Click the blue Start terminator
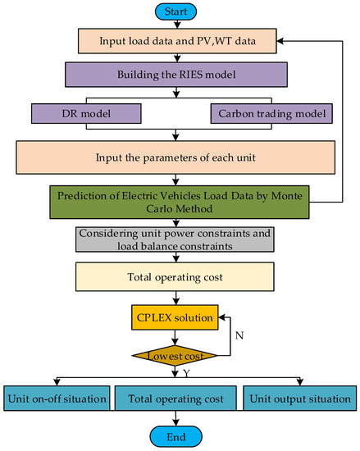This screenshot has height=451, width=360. tap(175, 11)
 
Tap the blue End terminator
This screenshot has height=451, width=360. tap(175, 436)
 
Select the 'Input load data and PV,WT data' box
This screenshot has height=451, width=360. tap(177, 41)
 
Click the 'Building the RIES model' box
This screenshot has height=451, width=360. tap(176, 75)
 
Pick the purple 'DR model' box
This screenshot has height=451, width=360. tap(86, 114)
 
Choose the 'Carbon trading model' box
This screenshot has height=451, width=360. tap(271, 114)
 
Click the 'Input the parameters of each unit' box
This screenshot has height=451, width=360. tap(175, 157)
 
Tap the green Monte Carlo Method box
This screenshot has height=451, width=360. tap(179, 202)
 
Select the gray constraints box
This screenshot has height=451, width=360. tap(175, 239)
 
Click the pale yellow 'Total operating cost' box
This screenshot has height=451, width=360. tap(175, 276)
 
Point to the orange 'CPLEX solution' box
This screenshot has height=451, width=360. tap(175, 317)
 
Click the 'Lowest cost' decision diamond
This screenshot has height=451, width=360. tap(175, 356)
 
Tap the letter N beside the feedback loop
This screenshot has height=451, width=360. tap(239, 335)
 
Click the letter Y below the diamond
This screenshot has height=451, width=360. tap(186, 373)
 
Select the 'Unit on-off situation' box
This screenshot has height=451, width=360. tap(57, 399)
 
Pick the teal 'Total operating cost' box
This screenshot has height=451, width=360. tap(175, 399)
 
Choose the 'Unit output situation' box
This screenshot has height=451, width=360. tap(300, 399)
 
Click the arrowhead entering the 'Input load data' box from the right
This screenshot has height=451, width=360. tap(280, 41)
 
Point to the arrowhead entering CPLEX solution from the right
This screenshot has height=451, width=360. tap(221, 317)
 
